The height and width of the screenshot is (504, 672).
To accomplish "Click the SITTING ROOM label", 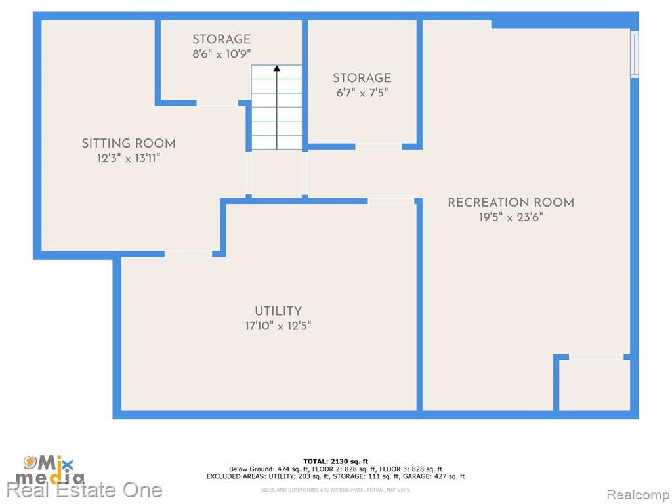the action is [x=129, y=143].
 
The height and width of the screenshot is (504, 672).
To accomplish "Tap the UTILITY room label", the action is [x=278, y=310].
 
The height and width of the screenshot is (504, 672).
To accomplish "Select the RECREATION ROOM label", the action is [x=511, y=202].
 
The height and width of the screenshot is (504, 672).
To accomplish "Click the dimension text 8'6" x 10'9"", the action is [x=222, y=54].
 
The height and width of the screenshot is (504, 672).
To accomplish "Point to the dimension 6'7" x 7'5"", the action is [x=362, y=93].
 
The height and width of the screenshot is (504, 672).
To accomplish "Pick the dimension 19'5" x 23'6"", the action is [x=511, y=217].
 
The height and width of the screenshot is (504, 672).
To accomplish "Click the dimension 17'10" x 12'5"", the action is [x=278, y=325].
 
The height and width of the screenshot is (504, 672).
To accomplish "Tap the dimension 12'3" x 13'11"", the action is [x=129, y=158].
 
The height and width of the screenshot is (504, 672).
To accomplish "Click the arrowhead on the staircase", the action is [x=277, y=68].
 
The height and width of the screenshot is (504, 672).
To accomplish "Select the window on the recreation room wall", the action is [x=635, y=54].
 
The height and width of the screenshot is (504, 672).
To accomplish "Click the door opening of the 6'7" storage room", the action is [x=379, y=146].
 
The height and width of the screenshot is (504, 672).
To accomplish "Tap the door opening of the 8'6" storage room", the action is [x=217, y=103].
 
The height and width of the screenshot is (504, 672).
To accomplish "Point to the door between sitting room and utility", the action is [x=188, y=254].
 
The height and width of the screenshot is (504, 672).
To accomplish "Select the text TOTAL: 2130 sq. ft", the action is [x=335, y=461].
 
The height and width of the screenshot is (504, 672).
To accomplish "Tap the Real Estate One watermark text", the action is [x=85, y=490].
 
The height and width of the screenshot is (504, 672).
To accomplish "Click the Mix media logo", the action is [x=51, y=470].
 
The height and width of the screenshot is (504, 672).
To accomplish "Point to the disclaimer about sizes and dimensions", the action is [x=335, y=490].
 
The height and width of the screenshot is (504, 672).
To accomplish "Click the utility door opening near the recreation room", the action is [x=391, y=201].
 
